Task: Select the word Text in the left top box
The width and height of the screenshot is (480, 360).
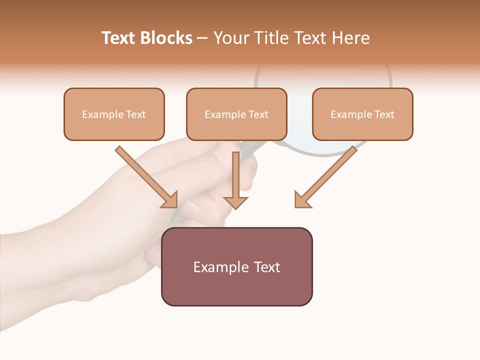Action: [136, 114]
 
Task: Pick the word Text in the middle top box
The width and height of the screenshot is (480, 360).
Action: [258, 114]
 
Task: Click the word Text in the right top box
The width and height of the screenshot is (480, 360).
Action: [384, 114]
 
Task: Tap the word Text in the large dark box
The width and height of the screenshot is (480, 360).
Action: [267, 267]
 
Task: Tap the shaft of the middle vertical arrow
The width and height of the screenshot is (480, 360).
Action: [235, 172]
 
